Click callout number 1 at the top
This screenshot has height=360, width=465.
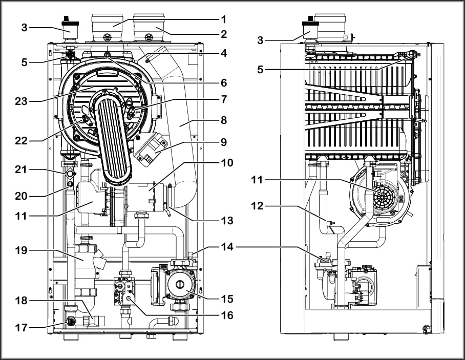pyautogui.click(x=224, y=19)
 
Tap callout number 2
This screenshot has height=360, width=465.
pyautogui.click(x=224, y=34)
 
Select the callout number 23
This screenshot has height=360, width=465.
pyautogui.click(x=22, y=101)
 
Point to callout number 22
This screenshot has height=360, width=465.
pyautogui.click(x=22, y=141)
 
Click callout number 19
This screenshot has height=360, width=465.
pyautogui.click(x=22, y=250)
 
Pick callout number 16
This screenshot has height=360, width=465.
pyautogui.click(x=227, y=315)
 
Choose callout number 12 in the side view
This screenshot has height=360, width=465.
pyautogui.click(x=257, y=205)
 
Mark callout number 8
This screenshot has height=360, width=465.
pyautogui.click(x=224, y=120)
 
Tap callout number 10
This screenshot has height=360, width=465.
pyautogui.click(x=227, y=162)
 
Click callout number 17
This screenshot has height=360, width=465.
pyautogui.click(x=22, y=328)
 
